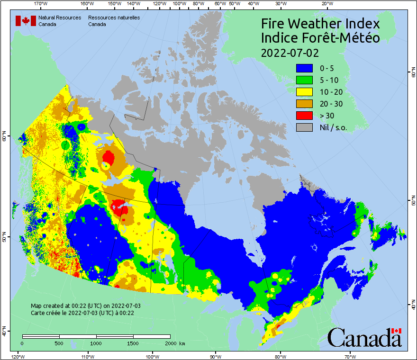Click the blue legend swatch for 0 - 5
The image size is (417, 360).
pyautogui.click(x=305, y=69)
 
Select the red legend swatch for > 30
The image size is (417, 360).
pyautogui.click(x=305, y=116)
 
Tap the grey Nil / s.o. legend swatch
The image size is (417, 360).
pyautogui.click(x=305, y=127)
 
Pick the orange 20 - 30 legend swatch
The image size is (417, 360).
pyautogui.click(x=305, y=104)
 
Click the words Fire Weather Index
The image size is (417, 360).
pyautogui.click(x=320, y=24)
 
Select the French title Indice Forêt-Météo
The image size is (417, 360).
pyautogui.click(x=320, y=38)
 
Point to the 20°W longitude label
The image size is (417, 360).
pyautogui.click(x=326, y=4)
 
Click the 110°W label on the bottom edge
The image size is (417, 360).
pyautogui.click(x=87, y=356)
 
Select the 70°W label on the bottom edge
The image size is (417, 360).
pyautogui.click(x=350, y=356)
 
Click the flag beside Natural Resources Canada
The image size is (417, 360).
pyautogui.click(x=26, y=21)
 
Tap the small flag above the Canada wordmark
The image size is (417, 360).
pyautogui.click(x=397, y=331)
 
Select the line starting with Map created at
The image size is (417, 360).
pyautogui.click(x=86, y=306)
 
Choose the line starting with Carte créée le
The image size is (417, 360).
pyautogui.click(x=82, y=313)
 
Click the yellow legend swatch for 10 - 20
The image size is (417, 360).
pyautogui.click(x=305, y=92)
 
